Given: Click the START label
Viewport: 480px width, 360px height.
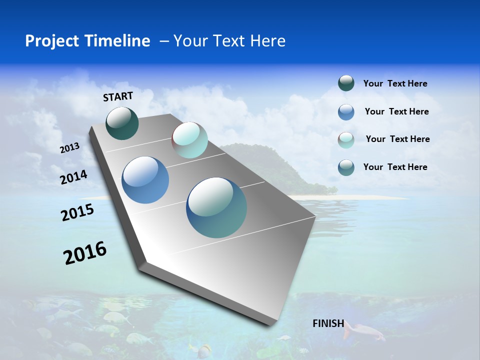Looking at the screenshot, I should [118, 96].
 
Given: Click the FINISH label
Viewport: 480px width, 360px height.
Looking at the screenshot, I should [328, 323].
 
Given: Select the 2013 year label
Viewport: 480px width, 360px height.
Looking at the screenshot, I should [69, 148].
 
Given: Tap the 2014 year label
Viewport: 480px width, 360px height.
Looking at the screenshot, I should [74, 177].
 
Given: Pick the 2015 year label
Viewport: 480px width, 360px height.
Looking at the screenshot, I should [77, 212].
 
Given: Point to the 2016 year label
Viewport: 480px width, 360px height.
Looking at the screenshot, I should [85, 253].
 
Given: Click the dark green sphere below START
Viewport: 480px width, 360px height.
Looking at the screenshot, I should [122, 123].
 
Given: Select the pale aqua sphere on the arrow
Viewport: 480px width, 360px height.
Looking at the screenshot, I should [189, 140].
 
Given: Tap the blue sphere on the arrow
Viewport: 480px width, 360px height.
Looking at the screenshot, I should [145, 180].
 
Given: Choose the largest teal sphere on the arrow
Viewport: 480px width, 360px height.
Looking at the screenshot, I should [216, 207].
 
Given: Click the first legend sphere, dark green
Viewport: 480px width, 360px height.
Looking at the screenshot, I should [346, 83].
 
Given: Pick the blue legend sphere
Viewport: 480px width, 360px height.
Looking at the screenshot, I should [346, 112].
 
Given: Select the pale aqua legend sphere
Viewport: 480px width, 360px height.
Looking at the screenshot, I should [346, 139].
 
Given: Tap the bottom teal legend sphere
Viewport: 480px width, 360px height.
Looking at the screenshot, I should [346, 167].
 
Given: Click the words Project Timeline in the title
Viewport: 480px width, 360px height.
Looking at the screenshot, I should [87, 41].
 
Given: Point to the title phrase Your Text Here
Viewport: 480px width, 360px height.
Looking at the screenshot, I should [229, 41].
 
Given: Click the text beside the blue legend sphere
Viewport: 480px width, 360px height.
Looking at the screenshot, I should [396, 111].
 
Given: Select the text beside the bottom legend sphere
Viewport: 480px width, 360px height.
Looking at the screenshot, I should [395, 167].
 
